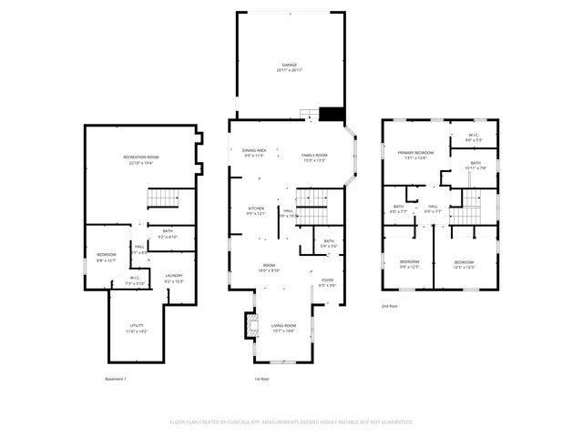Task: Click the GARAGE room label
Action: pos(290,66)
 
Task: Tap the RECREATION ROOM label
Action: pos(141,158)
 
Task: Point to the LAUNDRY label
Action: pos(174,275)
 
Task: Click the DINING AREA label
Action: pos(253,150)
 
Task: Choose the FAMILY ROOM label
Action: pos(314,156)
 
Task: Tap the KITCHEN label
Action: pos(256,208)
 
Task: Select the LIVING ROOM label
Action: pos(284,325)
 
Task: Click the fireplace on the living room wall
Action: pos(248,325)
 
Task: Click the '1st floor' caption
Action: pos(263,379)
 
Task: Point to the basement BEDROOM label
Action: pos(107,258)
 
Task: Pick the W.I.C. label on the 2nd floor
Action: pos(474,137)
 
